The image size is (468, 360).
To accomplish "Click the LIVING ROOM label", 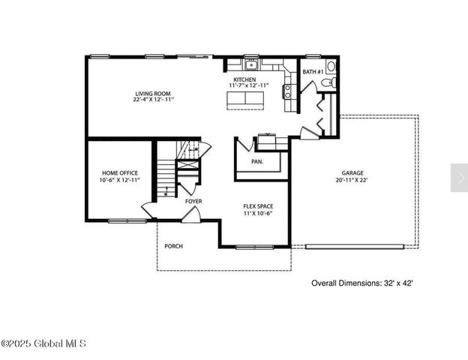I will (x=153, y=93).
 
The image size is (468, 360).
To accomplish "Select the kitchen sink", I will (x=250, y=64).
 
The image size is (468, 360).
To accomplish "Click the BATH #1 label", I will (x=313, y=72).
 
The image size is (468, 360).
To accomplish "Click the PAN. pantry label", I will (x=257, y=161).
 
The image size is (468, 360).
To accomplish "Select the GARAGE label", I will (x=352, y=172).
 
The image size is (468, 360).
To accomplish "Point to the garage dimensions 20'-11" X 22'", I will (x=352, y=180).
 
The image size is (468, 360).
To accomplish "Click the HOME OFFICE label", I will (x=119, y=172).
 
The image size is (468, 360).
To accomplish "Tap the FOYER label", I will (x=193, y=201).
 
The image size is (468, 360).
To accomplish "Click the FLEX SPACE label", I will (x=256, y=206).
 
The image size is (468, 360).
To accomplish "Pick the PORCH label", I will (x=174, y=246).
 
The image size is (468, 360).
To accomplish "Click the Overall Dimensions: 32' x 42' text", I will (x=362, y=283).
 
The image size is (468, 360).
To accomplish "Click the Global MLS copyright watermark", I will (x=43, y=343).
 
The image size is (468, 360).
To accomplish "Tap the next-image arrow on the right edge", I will (x=458, y=177).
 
